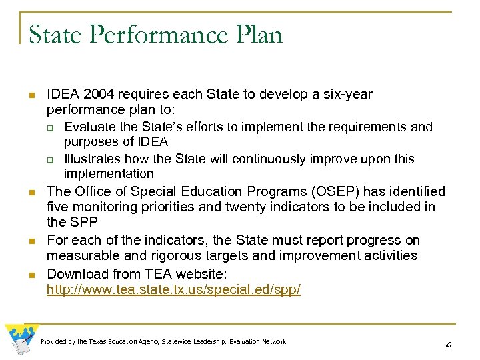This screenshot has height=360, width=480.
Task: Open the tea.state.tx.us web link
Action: point(173,289)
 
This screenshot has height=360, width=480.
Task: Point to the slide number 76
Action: point(447,345)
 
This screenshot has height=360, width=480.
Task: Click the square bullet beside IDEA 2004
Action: point(31,96)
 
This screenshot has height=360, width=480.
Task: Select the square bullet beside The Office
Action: point(31,193)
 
